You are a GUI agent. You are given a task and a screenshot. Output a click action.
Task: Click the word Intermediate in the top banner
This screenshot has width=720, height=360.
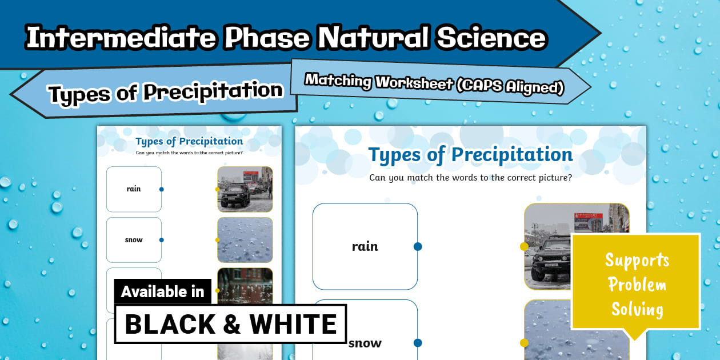pyautogui.click(x=120, y=38)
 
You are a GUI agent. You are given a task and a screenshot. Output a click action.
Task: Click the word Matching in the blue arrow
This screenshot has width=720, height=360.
pyautogui.click(x=337, y=81)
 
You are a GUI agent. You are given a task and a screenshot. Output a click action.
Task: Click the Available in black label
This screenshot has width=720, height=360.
pyautogui.click(x=162, y=291)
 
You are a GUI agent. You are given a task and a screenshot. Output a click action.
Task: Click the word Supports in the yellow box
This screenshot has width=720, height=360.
pyautogui.click(x=637, y=261)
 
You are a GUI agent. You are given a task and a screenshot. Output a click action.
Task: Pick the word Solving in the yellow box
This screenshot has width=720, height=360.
pyautogui.click(x=637, y=309)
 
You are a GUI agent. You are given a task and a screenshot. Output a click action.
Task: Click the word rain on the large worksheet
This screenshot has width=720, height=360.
pyautogui.click(x=365, y=246)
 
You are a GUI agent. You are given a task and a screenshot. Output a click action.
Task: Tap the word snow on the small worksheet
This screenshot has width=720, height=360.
pyautogui.click(x=134, y=240)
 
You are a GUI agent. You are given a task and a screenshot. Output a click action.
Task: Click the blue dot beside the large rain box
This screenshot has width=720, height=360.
pyautogui.click(x=418, y=246)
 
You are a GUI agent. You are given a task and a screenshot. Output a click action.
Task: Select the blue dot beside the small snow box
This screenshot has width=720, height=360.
pyautogui.click(x=162, y=240)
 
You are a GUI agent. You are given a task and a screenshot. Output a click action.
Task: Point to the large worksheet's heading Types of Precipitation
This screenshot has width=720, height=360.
pyautogui.click(x=470, y=154)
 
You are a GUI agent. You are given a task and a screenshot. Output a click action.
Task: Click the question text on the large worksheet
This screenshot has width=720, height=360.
pyautogui.click(x=470, y=177)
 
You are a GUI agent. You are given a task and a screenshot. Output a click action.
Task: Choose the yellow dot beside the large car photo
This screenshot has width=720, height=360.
pyautogui.click(x=524, y=246)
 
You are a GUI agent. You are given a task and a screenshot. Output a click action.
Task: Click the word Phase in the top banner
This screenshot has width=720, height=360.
pyautogui.click(x=266, y=38)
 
